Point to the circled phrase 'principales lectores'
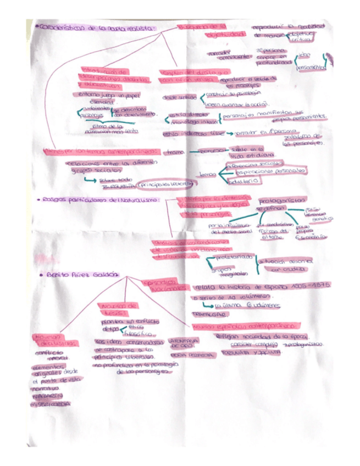(166, 184)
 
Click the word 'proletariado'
(235, 257)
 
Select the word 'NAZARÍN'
(46, 395)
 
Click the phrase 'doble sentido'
(179, 97)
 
